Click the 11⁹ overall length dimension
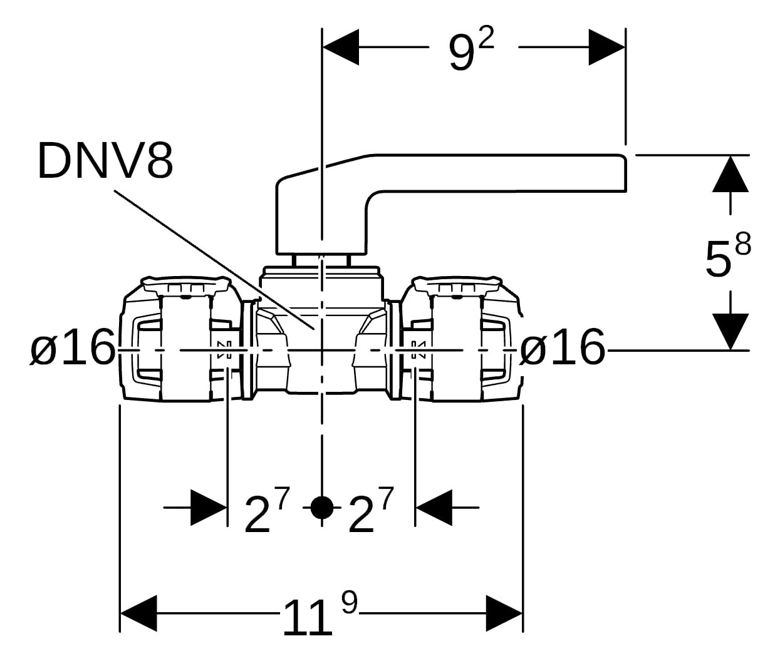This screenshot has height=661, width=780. (x=320, y=616)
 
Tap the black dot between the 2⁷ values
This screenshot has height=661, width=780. (x=321, y=508)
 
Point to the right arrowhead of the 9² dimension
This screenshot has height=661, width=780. (x=606, y=47)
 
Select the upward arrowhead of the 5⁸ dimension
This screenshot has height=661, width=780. (x=731, y=173)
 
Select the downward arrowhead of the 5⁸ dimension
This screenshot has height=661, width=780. (x=731, y=330)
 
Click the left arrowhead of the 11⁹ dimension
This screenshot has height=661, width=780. (x=138, y=613)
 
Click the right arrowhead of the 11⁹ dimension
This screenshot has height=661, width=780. (x=504, y=613)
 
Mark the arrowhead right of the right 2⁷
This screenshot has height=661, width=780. (x=434, y=508)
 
